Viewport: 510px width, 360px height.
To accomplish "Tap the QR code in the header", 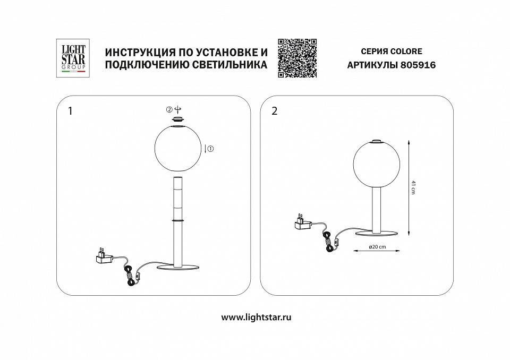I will [x=297, y=58].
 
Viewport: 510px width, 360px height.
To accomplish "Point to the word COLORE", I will [x=408, y=52].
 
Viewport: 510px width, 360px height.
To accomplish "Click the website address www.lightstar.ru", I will [x=256, y=317].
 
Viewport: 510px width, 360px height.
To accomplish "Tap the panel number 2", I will [x=274, y=112].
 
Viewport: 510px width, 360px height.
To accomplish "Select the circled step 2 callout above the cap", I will [x=169, y=110].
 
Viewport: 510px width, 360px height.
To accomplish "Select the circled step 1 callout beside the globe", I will [x=210, y=149].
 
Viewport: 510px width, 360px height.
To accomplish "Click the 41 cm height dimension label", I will [x=413, y=187].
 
